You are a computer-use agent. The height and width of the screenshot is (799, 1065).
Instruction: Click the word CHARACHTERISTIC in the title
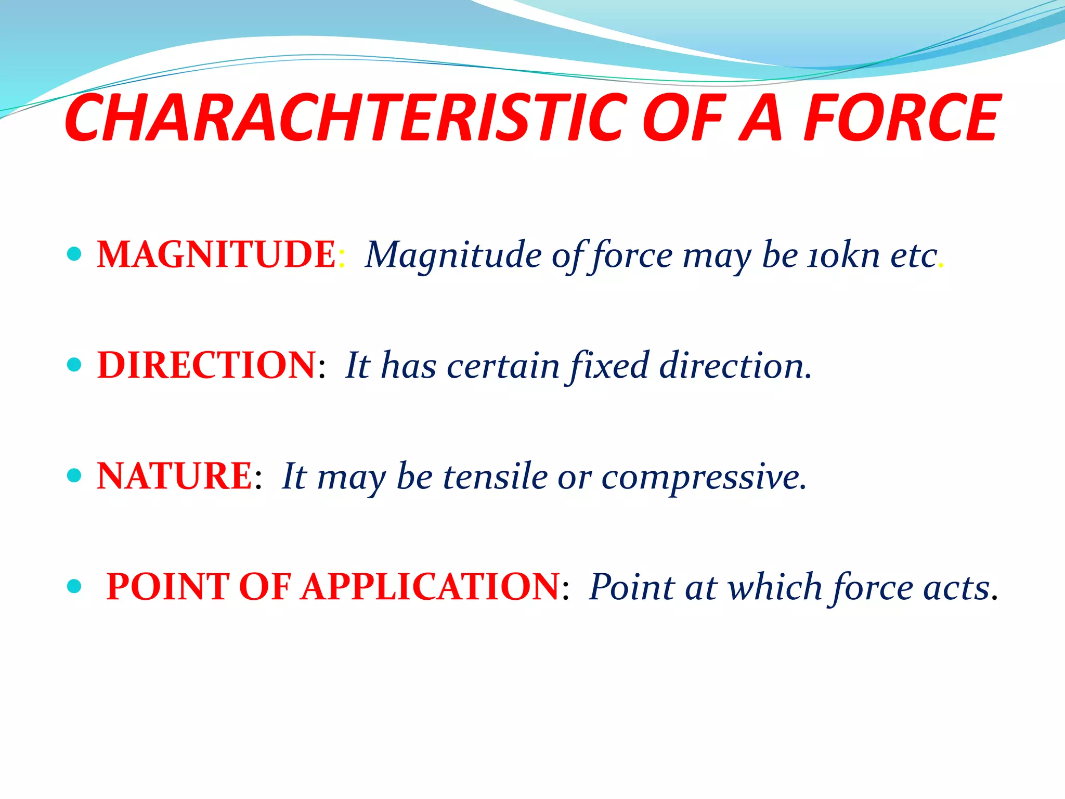click(x=343, y=119)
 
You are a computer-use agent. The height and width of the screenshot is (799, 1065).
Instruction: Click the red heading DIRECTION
click(x=206, y=365)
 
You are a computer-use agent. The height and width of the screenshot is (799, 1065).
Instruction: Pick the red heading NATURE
click(x=175, y=476)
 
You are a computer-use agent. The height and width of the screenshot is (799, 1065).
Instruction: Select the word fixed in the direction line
click(x=609, y=366)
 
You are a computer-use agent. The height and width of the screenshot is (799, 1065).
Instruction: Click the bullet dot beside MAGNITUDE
click(x=75, y=254)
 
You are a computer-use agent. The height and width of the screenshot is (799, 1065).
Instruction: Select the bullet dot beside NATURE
click(x=75, y=475)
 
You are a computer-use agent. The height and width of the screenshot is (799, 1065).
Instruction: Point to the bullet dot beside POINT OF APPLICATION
click(x=75, y=586)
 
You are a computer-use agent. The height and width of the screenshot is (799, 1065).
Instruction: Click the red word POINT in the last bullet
click(x=167, y=587)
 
